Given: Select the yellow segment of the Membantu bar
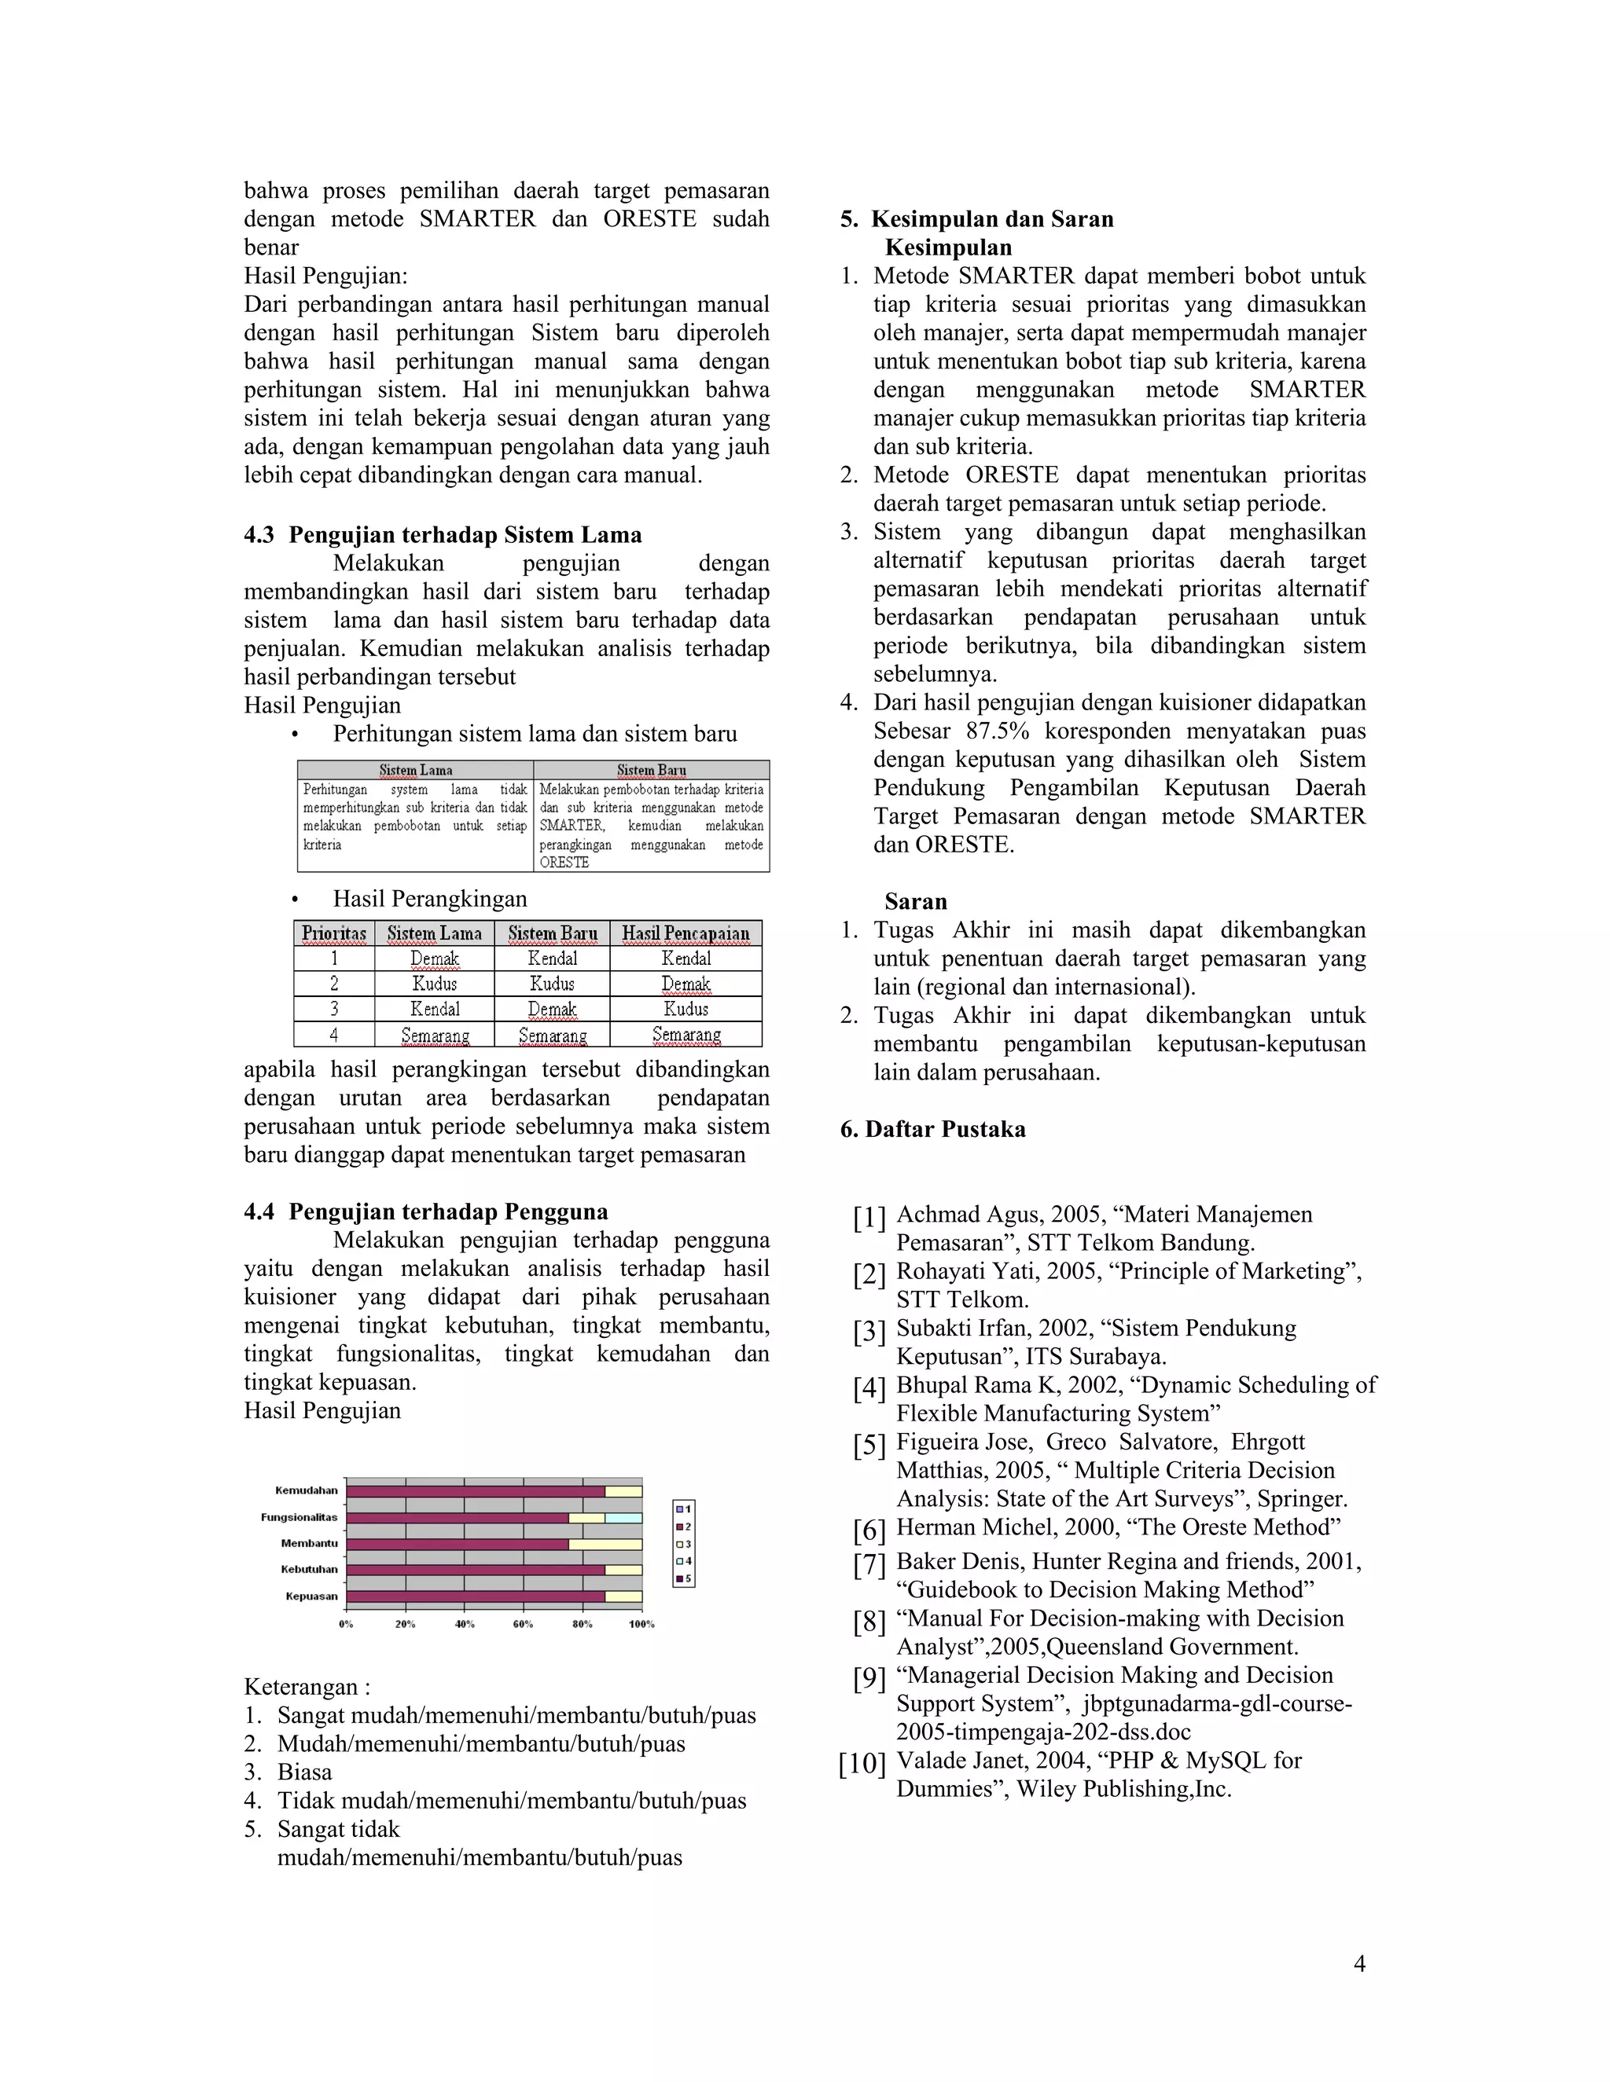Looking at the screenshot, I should pyautogui.click(x=605, y=1543).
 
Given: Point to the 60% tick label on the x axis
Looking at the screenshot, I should pyautogui.click(x=523, y=1623).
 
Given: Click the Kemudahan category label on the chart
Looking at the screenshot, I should pyautogui.click(x=306, y=1490).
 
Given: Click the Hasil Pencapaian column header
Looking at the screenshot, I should pyautogui.click(x=686, y=933).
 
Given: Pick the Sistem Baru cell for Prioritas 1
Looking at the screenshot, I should pyautogui.click(x=552, y=958).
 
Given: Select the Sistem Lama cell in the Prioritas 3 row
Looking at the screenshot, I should pyautogui.click(x=435, y=1009).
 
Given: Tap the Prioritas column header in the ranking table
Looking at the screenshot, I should pyautogui.click(x=334, y=933).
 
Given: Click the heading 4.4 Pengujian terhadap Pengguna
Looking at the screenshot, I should pyautogui.click(x=425, y=1211).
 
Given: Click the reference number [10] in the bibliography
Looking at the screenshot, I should pyautogui.click(x=862, y=1764).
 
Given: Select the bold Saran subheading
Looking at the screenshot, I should pyautogui.click(x=915, y=902).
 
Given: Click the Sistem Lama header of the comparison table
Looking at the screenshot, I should pyautogui.click(x=416, y=770).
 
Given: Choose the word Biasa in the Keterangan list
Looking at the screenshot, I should pyautogui.click(x=304, y=1772).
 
